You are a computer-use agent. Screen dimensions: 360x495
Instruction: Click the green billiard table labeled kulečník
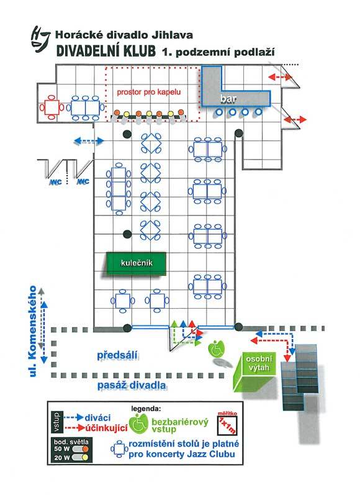tap(137, 263)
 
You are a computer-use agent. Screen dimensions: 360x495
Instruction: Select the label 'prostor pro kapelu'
tap(149, 92)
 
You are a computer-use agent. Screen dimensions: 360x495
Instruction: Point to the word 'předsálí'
tap(117, 355)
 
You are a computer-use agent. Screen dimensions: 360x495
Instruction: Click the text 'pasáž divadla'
tap(131, 385)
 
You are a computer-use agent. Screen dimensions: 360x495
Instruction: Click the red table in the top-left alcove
tap(52, 107)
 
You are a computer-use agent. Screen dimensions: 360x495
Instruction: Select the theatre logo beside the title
tap(40, 40)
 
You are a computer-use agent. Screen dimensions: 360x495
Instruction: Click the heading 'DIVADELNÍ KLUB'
tap(106, 50)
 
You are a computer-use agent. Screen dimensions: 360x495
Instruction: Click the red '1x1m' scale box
tap(227, 424)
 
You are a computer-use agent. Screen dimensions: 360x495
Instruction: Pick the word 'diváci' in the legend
tap(98, 417)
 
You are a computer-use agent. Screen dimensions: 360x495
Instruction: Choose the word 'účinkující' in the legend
tap(107, 428)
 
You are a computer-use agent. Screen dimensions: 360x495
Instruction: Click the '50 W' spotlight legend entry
tap(71, 448)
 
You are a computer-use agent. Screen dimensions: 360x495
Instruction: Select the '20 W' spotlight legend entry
tap(71, 457)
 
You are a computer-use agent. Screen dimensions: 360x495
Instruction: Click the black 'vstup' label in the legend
tap(56, 422)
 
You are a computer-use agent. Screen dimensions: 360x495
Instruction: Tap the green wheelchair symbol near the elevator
tap(217, 349)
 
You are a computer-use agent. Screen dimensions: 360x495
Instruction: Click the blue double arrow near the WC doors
tap(89, 141)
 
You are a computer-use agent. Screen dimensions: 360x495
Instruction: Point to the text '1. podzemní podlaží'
tap(218, 52)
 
